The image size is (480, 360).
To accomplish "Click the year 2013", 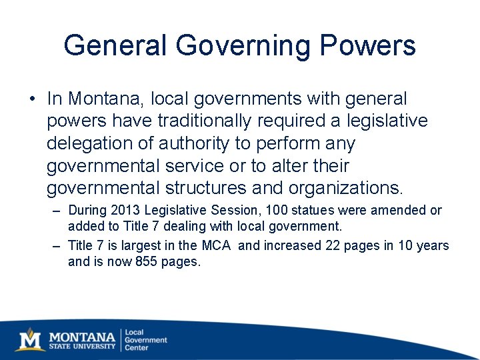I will click(127, 210).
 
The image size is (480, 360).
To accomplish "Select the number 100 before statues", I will click(276, 210).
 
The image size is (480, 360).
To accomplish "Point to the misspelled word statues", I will click(312, 210).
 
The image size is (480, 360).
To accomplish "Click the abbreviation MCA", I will click(216, 245).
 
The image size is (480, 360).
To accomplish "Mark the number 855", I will click(149, 261).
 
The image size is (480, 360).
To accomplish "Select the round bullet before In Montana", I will click(32, 99).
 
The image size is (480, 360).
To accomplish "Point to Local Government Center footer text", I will click(146, 339).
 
